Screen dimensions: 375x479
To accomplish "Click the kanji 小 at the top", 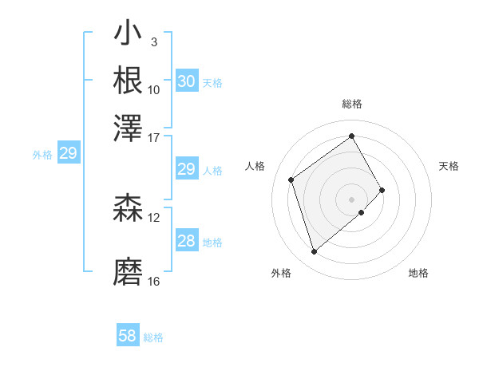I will (x=128, y=35).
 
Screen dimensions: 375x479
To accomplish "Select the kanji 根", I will (x=128, y=80).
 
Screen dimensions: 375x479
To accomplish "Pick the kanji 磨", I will (x=128, y=272).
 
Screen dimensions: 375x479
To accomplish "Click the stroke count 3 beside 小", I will (x=153, y=42).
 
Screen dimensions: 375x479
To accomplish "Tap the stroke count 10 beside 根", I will (x=154, y=89).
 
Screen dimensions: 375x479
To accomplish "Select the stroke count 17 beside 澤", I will (x=154, y=136).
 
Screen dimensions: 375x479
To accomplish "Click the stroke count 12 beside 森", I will (x=154, y=217).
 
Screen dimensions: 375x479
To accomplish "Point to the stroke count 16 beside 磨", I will (x=154, y=282).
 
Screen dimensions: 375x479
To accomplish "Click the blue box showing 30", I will (x=186, y=81).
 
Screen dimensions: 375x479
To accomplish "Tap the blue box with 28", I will (x=186, y=242).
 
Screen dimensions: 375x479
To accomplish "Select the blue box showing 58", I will (x=128, y=336).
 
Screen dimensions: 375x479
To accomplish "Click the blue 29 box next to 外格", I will (x=68, y=154).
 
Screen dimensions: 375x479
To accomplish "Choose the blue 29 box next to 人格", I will (x=186, y=169).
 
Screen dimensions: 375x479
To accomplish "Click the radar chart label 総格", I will (x=352, y=104).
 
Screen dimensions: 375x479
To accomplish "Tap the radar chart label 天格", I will (x=449, y=166).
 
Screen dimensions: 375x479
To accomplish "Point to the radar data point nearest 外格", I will (x=314, y=252).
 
